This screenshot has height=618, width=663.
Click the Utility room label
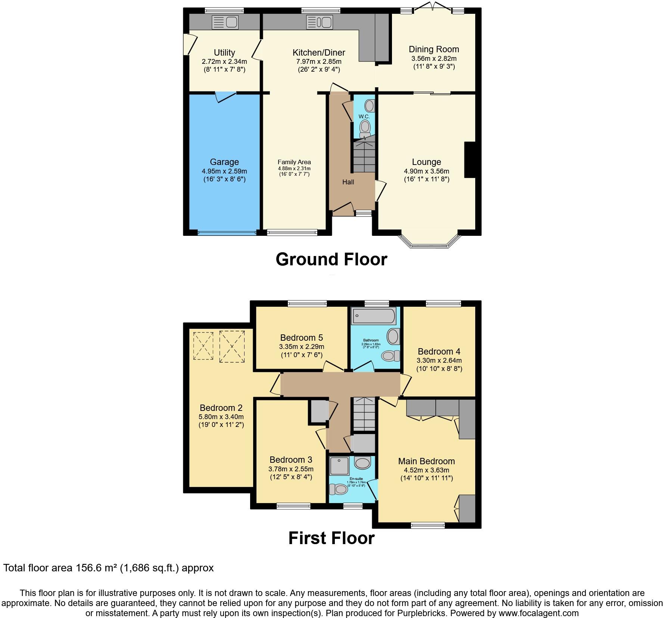[x=224, y=53]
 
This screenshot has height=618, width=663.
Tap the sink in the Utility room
[x=225, y=22]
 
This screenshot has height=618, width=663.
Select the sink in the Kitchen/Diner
[x=320, y=22]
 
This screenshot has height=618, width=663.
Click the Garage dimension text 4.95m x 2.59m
[x=224, y=171]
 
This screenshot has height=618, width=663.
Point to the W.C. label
[x=364, y=116]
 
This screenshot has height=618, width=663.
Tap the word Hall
[x=348, y=182]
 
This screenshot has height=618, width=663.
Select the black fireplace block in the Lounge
[x=470, y=159]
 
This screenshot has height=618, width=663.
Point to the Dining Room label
[x=434, y=49]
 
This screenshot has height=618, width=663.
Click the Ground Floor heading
[x=331, y=259]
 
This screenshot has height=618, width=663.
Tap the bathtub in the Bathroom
[x=373, y=316]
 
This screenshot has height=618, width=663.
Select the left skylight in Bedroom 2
[x=203, y=346]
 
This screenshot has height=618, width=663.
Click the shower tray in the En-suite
[x=339, y=465]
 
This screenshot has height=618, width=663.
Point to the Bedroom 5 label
[x=301, y=338]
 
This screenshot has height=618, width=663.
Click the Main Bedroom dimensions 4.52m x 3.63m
[x=426, y=470]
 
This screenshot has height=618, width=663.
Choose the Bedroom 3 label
[x=291, y=460]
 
